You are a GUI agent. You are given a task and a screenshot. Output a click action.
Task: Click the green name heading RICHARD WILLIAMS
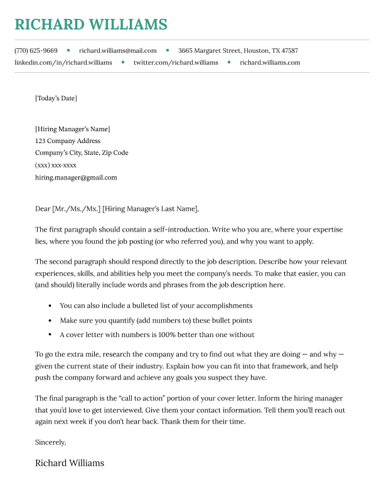click(91, 24)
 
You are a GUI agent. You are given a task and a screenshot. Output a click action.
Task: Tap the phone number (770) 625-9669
click(36, 50)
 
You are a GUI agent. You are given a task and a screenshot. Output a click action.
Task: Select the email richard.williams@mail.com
click(118, 50)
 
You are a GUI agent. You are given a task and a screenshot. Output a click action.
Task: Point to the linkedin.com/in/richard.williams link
click(63, 63)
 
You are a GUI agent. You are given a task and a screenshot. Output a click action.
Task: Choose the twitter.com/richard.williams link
click(176, 63)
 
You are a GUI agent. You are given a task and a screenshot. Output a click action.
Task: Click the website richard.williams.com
click(270, 63)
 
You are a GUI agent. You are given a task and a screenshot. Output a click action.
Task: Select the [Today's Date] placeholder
click(56, 98)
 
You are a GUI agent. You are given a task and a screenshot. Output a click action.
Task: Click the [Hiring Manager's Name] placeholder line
click(72, 129)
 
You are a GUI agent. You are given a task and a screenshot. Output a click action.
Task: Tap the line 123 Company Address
click(68, 141)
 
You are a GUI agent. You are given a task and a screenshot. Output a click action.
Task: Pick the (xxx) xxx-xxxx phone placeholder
click(56, 165)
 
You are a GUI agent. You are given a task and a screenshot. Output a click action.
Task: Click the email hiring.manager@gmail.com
click(76, 178)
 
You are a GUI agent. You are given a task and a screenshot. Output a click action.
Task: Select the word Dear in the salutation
click(43, 209)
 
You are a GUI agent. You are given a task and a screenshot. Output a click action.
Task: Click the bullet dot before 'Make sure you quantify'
click(50, 321)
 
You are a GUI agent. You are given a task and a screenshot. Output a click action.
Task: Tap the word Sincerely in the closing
click(50, 442)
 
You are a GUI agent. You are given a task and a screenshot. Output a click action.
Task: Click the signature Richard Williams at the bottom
click(70, 463)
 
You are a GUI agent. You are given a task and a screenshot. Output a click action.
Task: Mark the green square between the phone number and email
click(68, 50)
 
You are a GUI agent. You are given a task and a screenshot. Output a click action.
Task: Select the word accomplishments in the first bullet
click(222, 306)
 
